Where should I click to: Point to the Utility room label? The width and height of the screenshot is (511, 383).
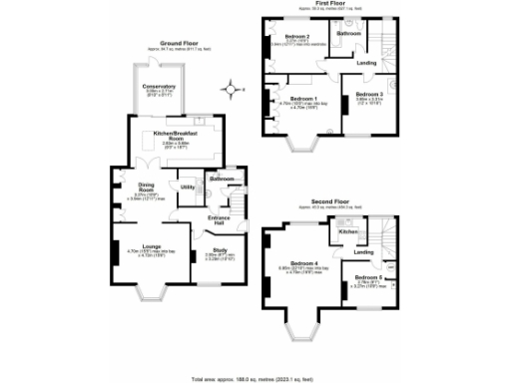coord(187,187)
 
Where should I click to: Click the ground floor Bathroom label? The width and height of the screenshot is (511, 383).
coord(222,179)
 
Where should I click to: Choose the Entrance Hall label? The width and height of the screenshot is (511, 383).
coord(219,219)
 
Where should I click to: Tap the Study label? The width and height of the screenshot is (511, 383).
coord(219,250)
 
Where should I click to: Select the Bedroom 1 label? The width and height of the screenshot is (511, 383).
coord(303,99)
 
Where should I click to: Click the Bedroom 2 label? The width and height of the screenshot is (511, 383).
coord(296,37)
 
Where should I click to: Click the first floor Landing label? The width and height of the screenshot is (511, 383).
coord(366,63)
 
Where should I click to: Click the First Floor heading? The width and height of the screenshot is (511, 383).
coord(329,4)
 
